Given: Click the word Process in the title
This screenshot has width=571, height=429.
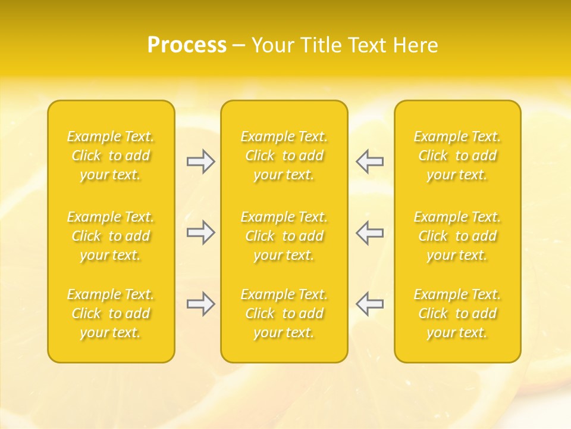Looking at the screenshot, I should click(x=187, y=45).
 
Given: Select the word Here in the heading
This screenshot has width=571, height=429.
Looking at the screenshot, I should click(x=414, y=45).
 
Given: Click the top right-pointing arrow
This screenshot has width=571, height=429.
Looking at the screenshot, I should click(x=201, y=161).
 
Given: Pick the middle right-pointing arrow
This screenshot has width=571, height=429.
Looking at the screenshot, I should click(x=201, y=232).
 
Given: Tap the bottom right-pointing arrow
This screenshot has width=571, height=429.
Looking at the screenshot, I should click(x=201, y=304).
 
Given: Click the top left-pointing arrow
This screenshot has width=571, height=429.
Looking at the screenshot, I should click(x=369, y=161).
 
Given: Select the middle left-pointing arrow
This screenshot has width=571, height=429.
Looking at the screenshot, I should click(x=369, y=232).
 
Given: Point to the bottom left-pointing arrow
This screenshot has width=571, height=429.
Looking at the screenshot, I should click(x=369, y=304).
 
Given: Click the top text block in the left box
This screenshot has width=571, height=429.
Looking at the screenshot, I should click(x=111, y=156).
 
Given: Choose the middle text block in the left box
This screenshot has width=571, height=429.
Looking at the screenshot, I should click(x=111, y=236).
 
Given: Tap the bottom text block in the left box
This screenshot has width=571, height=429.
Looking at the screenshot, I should click(x=111, y=313).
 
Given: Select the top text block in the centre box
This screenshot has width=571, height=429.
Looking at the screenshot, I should click(x=284, y=156).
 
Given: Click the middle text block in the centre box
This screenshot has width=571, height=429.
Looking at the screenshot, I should click(x=284, y=236).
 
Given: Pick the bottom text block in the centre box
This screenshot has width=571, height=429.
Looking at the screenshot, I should click(x=284, y=313).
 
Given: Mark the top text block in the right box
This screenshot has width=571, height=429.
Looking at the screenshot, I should click(x=457, y=156).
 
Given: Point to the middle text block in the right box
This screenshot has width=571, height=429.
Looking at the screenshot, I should click(x=457, y=236).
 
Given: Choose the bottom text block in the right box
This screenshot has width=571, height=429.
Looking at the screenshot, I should click(x=457, y=313).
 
